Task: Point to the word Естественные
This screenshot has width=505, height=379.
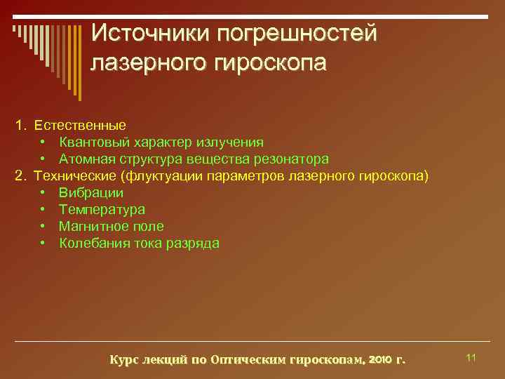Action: (81, 125)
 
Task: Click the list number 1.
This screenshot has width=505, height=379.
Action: (21, 125)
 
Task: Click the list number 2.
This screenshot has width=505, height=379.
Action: (21, 175)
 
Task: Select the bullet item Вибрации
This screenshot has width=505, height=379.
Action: (91, 192)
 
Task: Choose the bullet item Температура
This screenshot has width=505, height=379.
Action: (102, 209)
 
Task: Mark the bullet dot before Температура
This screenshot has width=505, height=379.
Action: (43, 210)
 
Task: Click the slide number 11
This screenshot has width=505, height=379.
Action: (471, 358)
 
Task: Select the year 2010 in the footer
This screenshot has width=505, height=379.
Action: (379, 360)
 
